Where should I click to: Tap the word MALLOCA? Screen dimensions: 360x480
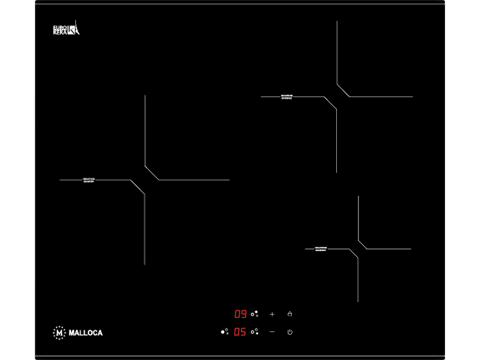[x=85, y=332]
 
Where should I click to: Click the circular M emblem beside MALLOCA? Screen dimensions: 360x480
[x=59, y=332]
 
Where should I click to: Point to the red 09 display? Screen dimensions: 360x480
[x=240, y=314]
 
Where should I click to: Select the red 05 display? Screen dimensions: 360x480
[x=240, y=332]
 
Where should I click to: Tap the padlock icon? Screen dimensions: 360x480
[x=290, y=314]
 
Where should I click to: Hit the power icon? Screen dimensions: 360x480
[x=290, y=332]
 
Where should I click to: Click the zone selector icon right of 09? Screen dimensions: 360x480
[x=256, y=314]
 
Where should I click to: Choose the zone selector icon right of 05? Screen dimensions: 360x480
[x=256, y=332]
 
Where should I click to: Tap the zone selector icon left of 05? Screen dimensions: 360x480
[x=225, y=331]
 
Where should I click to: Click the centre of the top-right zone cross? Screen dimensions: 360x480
[x=337, y=97]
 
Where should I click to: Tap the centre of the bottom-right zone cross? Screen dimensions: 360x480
[x=358, y=248]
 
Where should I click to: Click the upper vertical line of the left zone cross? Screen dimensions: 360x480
[x=145, y=129]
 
